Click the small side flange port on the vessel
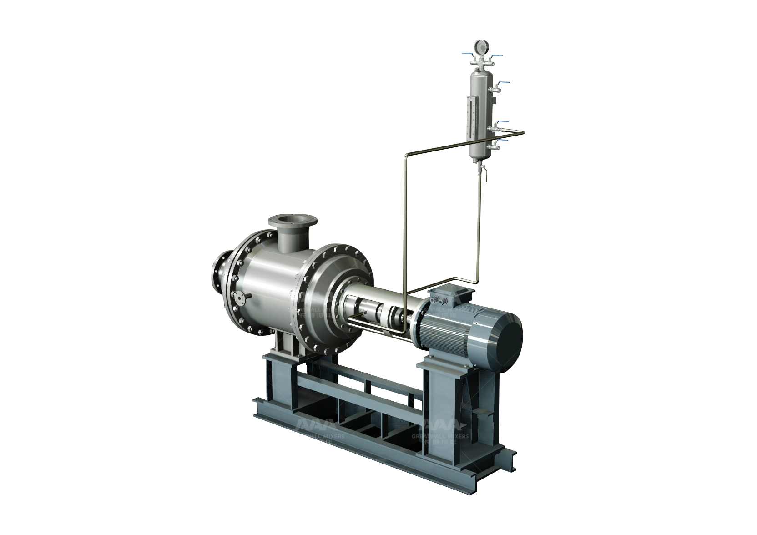(x=240, y=297)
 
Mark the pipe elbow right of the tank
(x=522, y=133)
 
